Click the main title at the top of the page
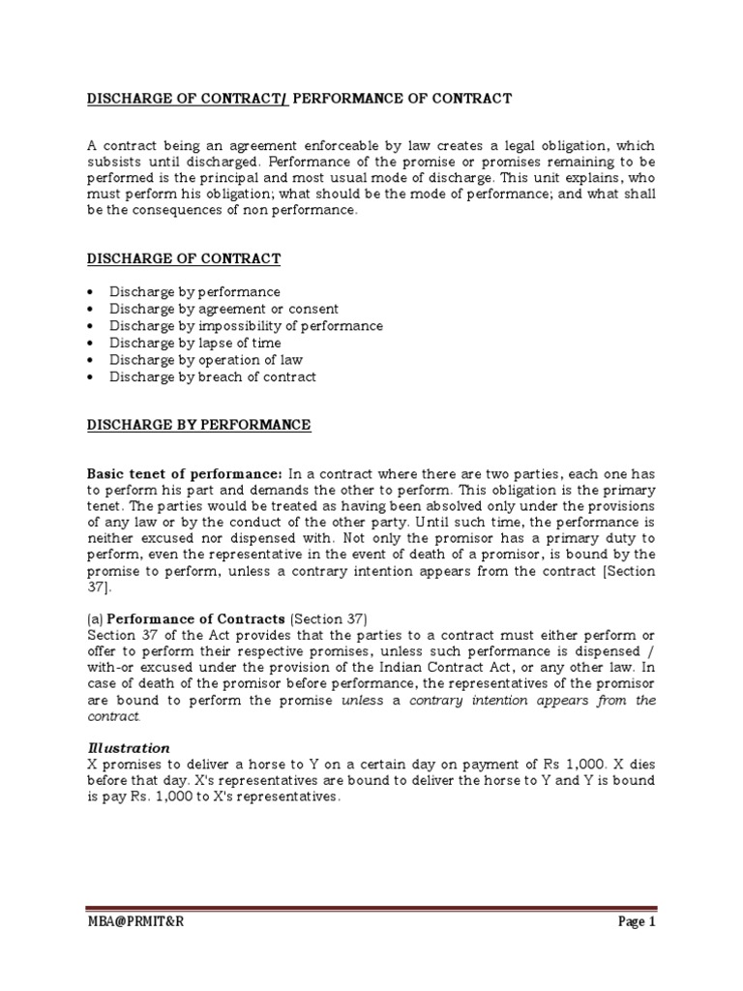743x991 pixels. coord(299,99)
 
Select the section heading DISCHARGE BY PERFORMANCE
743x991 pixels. coord(198,425)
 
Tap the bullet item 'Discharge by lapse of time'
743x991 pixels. coord(194,343)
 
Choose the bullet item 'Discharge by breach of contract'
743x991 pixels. coord(212,376)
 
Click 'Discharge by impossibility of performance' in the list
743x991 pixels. coord(246,326)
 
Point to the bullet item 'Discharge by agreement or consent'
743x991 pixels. coord(223,309)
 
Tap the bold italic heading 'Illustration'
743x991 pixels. coord(129,748)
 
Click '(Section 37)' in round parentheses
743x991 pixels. coord(330,618)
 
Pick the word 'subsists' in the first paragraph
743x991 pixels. coord(113,162)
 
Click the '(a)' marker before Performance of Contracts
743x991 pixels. coord(95,618)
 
